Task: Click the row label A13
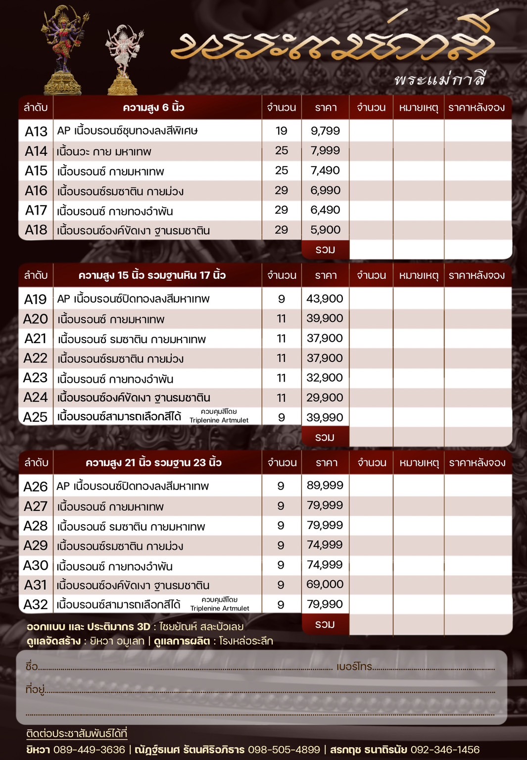[x=36, y=132]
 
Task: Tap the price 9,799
[x=325, y=131]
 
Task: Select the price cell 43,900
[x=325, y=299]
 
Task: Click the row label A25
[x=36, y=417]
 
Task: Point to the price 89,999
[x=325, y=486]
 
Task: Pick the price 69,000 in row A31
[x=325, y=584]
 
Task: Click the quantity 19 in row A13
[x=281, y=131]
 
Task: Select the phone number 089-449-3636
[x=89, y=750]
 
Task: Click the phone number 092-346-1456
[x=445, y=750]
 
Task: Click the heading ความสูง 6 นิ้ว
[x=153, y=108]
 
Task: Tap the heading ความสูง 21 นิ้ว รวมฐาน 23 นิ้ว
[x=153, y=463]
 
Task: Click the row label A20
[x=36, y=319]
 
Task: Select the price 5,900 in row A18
[x=325, y=230]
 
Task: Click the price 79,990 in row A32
[x=325, y=604]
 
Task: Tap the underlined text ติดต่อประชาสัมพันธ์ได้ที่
[x=77, y=733]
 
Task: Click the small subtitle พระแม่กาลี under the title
[x=440, y=79]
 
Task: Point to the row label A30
[x=36, y=565]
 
